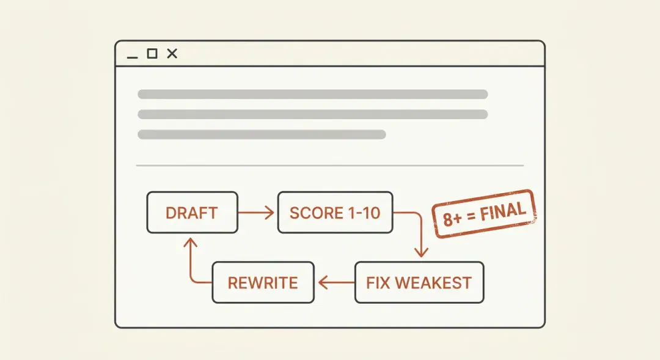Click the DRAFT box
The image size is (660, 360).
(x=193, y=213)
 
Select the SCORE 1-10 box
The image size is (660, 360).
(x=335, y=213)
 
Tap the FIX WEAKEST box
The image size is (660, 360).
(x=419, y=282)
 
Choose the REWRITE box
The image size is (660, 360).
(x=263, y=282)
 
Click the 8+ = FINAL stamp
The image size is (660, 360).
(x=484, y=214)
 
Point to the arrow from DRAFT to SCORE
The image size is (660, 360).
(x=256, y=213)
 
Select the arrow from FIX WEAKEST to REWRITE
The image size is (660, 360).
(x=336, y=282)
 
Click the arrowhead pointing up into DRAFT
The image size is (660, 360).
(x=191, y=243)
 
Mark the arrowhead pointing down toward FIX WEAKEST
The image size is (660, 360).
(x=421, y=252)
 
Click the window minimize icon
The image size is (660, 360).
(x=132, y=57)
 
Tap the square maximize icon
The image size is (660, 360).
(x=152, y=53)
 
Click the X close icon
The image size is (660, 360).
(x=172, y=53)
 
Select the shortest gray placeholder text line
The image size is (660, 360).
(x=262, y=134)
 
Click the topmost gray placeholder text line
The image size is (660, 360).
(x=313, y=94)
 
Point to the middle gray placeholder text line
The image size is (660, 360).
(x=313, y=114)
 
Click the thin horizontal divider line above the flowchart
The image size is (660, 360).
(x=330, y=166)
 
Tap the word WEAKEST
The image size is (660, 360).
(x=433, y=283)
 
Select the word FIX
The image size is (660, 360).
(x=378, y=283)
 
